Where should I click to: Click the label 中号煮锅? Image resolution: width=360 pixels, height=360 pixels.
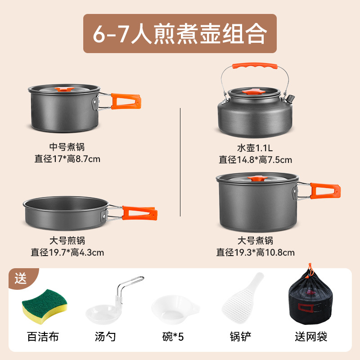tap(67, 147)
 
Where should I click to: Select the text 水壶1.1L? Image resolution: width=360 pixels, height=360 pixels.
tap(255, 147)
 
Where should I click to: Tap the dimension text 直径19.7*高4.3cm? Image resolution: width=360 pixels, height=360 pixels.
tap(67, 252)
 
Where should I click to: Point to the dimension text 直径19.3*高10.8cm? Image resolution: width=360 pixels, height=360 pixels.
tap(255, 252)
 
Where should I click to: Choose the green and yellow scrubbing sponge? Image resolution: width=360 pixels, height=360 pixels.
tap(44, 307)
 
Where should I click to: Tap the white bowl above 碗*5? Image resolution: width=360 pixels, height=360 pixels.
tap(173, 310)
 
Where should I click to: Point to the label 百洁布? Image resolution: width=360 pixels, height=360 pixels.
tap(43, 337)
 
